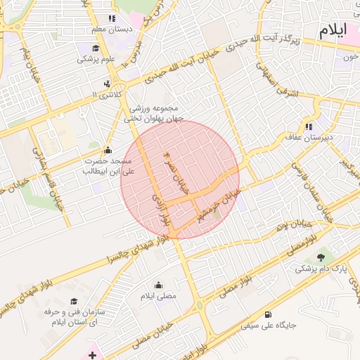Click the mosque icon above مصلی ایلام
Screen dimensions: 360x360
158,285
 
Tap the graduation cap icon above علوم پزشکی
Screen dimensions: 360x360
95,49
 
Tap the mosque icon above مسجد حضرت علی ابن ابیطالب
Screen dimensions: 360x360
107,150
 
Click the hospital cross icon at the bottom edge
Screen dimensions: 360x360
93,355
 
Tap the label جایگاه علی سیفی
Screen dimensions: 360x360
269,326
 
